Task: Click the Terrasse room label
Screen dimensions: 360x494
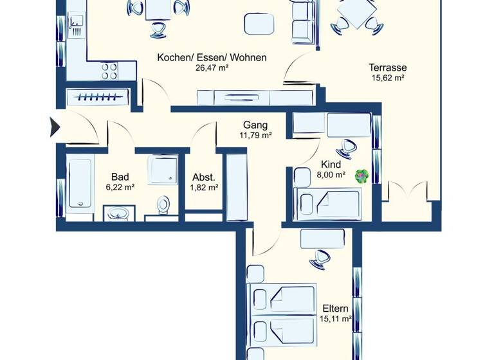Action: (387, 67)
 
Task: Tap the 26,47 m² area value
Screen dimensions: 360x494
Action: (212, 67)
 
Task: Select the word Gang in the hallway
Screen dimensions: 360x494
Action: (255, 125)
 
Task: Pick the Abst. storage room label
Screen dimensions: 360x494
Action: (204, 177)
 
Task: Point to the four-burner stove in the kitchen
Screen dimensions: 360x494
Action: (108, 70)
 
